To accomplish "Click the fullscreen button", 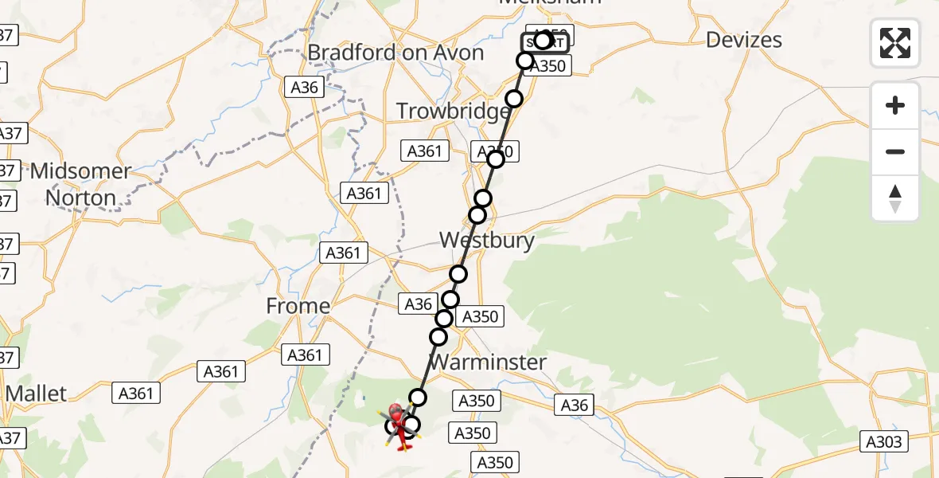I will (895, 43).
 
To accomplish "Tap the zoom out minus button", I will (895, 151).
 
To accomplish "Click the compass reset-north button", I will (895, 198).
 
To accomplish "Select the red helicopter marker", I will (398, 420).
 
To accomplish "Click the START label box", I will (546, 43).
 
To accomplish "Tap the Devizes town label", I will (743, 40).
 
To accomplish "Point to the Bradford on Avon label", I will (395, 53).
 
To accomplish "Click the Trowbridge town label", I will (453, 112).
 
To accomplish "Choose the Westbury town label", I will (486, 240).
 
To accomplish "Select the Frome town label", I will (298, 306).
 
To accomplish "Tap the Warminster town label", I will (488, 362).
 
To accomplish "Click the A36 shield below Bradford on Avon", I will (306, 88).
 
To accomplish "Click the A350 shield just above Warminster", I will (480, 317).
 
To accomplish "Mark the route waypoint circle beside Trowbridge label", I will (514, 99).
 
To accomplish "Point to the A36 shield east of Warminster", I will (574, 406).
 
